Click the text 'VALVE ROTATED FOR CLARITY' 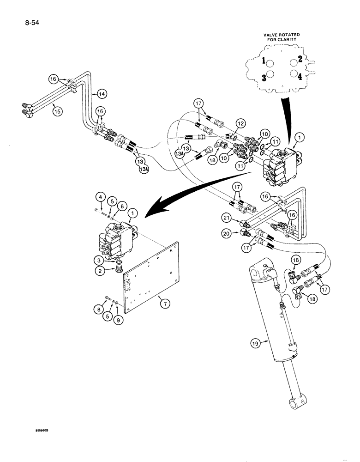282,37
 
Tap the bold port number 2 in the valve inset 300,59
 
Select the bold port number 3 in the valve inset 264,78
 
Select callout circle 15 57,111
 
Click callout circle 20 239,234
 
